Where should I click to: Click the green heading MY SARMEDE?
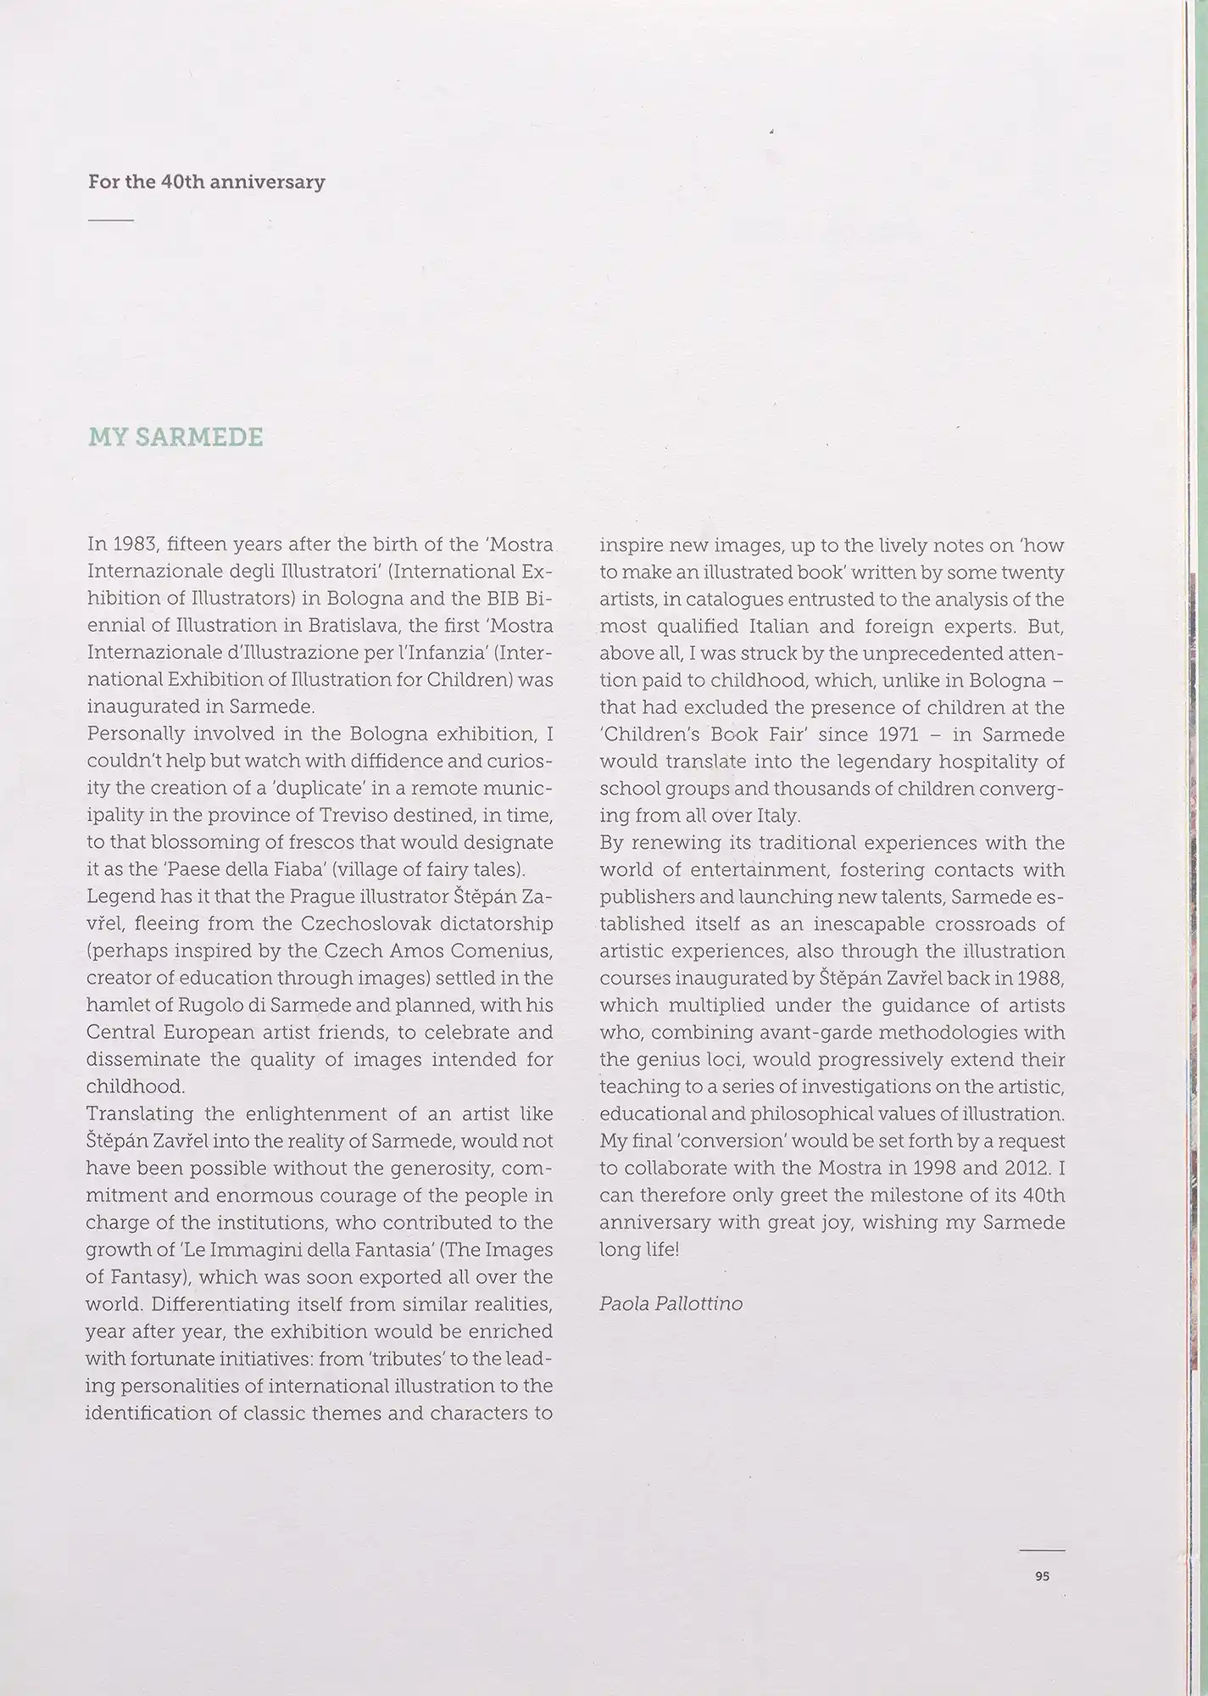click(x=175, y=438)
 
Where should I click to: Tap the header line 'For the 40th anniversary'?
click(x=206, y=181)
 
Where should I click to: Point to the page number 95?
click(x=1042, y=1576)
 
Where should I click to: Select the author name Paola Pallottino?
click(x=671, y=1303)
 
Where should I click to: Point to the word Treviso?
click(x=365, y=816)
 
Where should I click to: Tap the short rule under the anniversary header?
click(x=111, y=220)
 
